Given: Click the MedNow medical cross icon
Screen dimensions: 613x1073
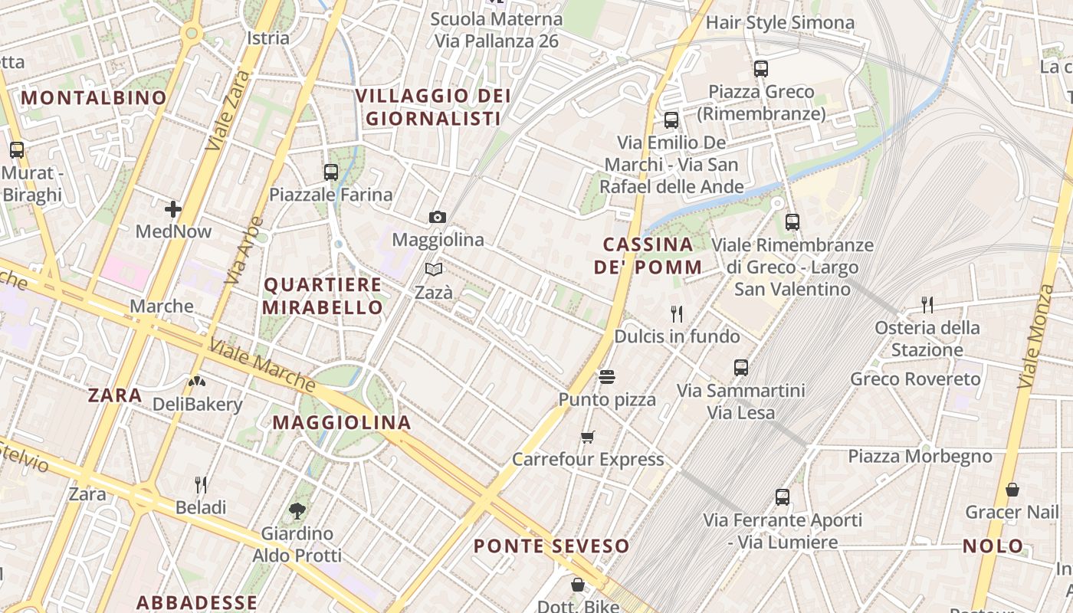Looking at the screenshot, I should pyautogui.click(x=173, y=208).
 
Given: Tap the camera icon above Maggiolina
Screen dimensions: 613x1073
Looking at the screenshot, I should pyautogui.click(x=438, y=218).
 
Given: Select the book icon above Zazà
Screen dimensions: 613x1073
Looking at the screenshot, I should pyautogui.click(x=434, y=270).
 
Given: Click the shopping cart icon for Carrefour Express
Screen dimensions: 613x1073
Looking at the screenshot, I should pyautogui.click(x=588, y=437).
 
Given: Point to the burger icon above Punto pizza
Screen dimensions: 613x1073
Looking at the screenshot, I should pyautogui.click(x=607, y=377).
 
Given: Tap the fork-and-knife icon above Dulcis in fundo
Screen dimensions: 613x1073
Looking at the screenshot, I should pyautogui.click(x=677, y=313).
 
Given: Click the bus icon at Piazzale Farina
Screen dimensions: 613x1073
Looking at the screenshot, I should pyautogui.click(x=331, y=172).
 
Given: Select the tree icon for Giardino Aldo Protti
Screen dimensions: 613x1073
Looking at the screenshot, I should pyautogui.click(x=297, y=510).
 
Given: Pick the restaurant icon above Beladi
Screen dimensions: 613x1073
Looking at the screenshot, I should pyautogui.click(x=201, y=484).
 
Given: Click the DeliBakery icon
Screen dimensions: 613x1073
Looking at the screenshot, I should pyautogui.click(x=197, y=381).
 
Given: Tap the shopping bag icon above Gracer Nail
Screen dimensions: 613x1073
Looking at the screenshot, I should pyautogui.click(x=1012, y=490).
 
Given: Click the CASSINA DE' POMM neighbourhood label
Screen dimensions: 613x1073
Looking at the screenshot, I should pyautogui.click(x=648, y=256).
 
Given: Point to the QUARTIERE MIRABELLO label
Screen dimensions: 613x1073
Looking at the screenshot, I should pyautogui.click(x=323, y=296).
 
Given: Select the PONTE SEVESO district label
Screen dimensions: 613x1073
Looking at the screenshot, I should pyautogui.click(x=551, y=546).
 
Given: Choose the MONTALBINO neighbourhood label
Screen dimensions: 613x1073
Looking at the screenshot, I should pyautogui.click(x=94, y=97).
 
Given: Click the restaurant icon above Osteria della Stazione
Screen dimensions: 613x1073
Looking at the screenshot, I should pyautogui.click(x=927, y=305).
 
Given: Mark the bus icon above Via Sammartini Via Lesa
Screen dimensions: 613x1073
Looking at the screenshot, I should pyautogui.click(x=741, y=368).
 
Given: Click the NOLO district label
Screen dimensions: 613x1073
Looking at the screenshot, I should pyautogui.click(x=993, y=546).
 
